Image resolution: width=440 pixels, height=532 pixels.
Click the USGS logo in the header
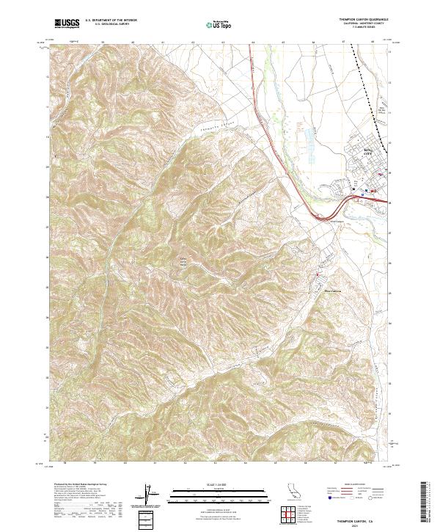pos(67,24)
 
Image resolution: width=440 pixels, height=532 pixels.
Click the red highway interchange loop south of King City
pos(320,216)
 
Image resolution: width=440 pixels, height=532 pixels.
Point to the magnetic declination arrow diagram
pos(151,499)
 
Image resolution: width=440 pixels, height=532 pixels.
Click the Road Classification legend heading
pos(345,486)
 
